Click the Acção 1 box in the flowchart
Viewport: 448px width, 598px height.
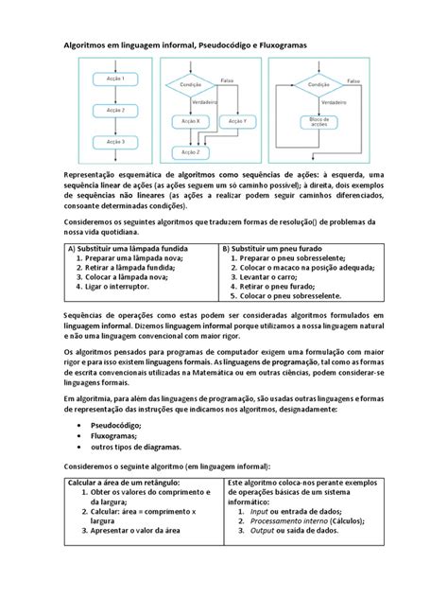[x=115, y=79]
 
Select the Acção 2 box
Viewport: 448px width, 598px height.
[x=115, y=110]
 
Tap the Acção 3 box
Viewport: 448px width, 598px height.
[x=115, y=142]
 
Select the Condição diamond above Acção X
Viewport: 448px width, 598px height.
[x=190, y=85]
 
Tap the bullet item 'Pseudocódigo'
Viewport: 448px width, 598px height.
[x=114, y=425]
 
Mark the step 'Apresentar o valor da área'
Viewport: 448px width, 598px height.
[x=142, y=532]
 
